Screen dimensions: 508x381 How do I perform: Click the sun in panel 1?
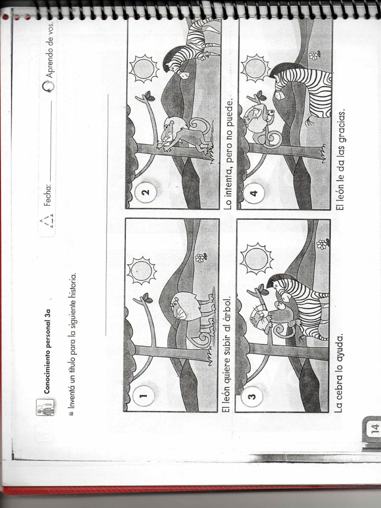pyautogui.click(x=142, y=271)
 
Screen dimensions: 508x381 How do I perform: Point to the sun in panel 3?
pyautogui.click(x=256, y=258)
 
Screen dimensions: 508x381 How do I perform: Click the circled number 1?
pyautogui.click(x=143, y=396)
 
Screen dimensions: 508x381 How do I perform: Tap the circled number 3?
pyautogui.click(x=252, y=397)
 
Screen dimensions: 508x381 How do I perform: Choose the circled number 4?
pyautogui.click(x=254, y=193)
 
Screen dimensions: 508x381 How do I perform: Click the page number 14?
pyautogui.click(x=373, y=428)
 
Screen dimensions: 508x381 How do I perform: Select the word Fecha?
pyautogui.click(x=48, y=194)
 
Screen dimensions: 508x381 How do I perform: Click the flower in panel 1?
pyautogui.click(x=200, y=257)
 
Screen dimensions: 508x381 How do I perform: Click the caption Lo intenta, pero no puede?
pyautogui.click(x=229, y=154)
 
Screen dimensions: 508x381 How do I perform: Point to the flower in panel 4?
pyautogui.click(x=315, y=55)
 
